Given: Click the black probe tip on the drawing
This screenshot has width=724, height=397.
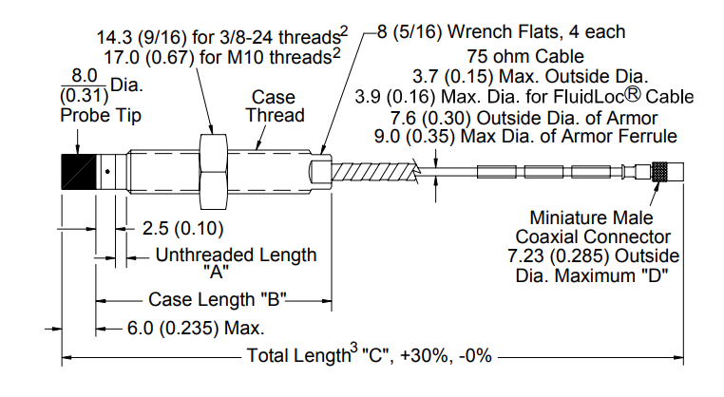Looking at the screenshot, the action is (x=79, y=172).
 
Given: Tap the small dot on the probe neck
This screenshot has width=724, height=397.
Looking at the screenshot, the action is (x=107, y=172).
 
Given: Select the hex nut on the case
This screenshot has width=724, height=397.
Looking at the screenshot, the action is (x=214, y=172).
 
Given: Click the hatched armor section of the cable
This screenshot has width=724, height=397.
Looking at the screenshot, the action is (x=375, y=173).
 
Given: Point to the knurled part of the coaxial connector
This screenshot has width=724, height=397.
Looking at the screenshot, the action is (x=659, y=172).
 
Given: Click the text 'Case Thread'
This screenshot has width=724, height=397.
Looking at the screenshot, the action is (x=275, y=106).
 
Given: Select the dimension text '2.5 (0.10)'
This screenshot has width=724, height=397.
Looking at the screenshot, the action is (x=182, y=229).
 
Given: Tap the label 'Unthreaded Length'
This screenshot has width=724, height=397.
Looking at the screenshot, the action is (x=236, y=255).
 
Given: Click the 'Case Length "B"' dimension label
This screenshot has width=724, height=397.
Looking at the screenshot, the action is (x=218, y=299).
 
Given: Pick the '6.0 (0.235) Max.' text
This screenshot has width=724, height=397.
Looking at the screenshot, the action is (x=196, y=329).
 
